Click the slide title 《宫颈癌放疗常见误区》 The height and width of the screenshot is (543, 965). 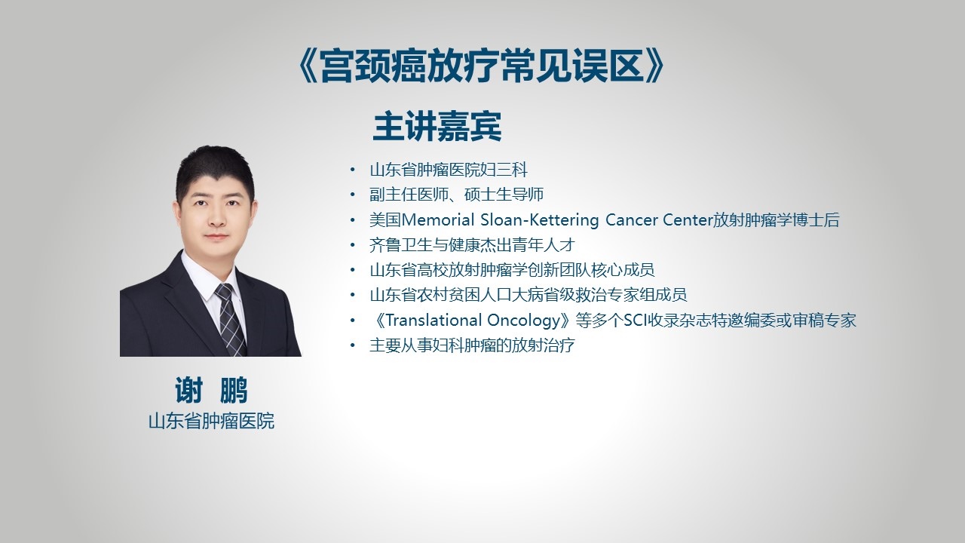click(x=481, y=66)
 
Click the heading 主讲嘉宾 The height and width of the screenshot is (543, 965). click(x=437, y=127)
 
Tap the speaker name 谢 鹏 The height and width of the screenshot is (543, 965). click(x=211, y=390)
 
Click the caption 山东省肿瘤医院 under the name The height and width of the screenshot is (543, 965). click(x=211, y=421)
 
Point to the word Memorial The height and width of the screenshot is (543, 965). click(x=438, y=220)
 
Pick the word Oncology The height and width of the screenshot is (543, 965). click(x=523, y=321)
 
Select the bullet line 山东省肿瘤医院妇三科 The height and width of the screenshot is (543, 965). click(x=449, y=170)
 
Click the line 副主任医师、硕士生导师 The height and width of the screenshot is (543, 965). click(x=457, y=195)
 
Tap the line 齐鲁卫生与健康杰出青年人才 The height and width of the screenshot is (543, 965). click(x=472, y=245)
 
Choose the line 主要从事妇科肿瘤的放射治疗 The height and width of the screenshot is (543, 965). click(x=472, y=345)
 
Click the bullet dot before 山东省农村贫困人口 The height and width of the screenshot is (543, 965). click(x=353, y=295)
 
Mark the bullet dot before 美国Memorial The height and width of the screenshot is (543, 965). click(x=353, y=220)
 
